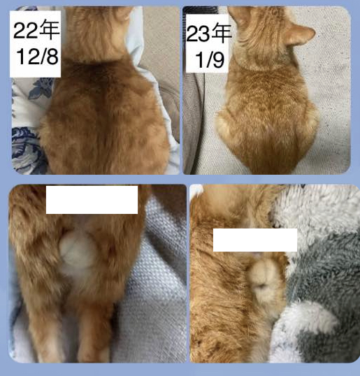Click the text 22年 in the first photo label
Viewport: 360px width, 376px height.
36,30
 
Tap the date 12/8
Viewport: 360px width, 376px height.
38,57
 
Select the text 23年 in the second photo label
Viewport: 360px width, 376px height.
209,34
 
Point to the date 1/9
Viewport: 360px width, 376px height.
210,59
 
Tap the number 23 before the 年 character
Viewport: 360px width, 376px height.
198,34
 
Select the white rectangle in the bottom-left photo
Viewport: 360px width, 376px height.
92,200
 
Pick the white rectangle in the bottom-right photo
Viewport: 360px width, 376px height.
255,240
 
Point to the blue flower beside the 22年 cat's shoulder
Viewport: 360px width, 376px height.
41,89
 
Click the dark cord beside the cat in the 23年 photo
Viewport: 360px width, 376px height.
199,120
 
